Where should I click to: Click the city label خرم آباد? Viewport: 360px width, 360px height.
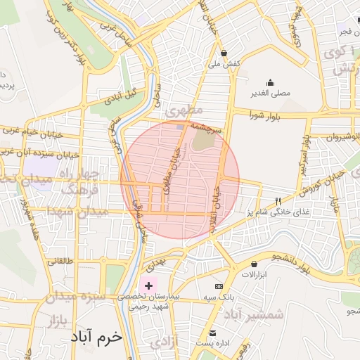pos(96,337)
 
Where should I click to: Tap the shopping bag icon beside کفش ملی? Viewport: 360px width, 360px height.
pos(224,53)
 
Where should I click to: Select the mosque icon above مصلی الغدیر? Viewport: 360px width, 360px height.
pos(271,82)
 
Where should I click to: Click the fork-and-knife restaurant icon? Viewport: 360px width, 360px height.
pos(278,201)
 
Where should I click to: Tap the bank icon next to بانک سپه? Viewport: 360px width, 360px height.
pos(219,287)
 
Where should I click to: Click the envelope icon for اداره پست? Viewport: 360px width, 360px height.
pos(212,333)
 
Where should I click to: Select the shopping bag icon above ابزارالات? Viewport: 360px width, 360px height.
pos(254,264)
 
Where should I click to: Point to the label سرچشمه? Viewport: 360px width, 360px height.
pos(209,129)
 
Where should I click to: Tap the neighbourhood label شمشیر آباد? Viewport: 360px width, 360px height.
pos(255,314)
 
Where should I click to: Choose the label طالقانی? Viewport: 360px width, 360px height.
pos(60,260)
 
